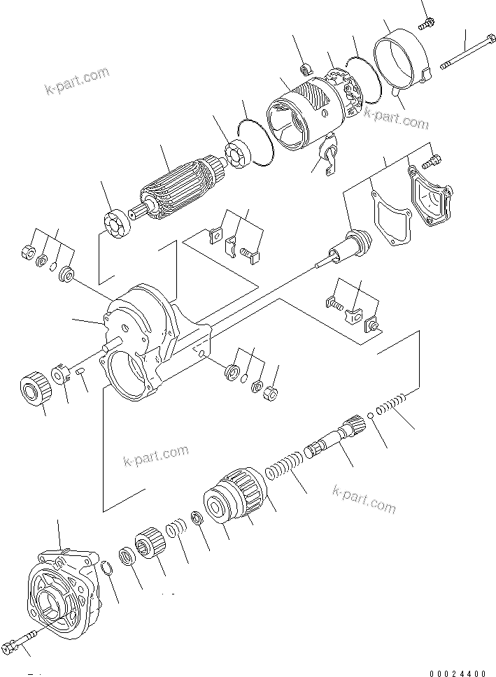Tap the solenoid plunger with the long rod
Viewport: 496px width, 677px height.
click(346, 250)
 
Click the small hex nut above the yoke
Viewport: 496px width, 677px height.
click(305, 69)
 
